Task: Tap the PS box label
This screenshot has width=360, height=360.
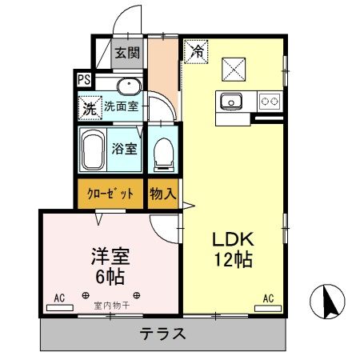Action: click(x=83, y=79)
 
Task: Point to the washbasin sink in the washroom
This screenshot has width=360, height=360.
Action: click(x=127, y=86)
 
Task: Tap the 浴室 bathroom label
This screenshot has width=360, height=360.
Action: click(x=125, y=149)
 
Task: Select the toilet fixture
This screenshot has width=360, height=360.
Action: click(x=164, y=151)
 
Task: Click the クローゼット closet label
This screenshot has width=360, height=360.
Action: click(x=110, y=194)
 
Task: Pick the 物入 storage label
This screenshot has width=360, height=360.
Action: click(x=163, y=194)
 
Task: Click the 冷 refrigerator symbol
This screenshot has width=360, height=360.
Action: click(x=197, y=52)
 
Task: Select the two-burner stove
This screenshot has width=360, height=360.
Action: click(x=270, y=102)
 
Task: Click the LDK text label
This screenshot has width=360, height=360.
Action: click(x=232, y=239)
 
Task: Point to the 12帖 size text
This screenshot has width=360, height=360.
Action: click(x=232, y=259)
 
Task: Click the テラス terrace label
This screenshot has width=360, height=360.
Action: click(x=163, y=334)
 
